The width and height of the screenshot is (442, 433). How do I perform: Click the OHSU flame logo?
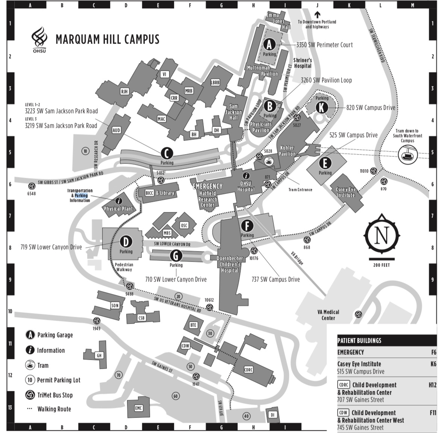click(39, 38)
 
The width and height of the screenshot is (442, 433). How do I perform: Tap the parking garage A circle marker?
click(269, 45)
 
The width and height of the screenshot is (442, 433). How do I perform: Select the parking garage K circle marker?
click(321, 107)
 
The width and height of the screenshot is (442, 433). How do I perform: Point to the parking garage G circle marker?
click(176, 256)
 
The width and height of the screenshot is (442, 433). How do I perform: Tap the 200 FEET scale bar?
click(381, 259)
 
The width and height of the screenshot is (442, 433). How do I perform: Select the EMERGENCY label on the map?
click(207, 186)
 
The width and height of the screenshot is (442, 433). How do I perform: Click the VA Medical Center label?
click(328, 315)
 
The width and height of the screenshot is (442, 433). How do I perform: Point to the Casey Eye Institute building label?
click(345, 192)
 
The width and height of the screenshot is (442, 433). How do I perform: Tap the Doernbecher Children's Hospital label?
click(230, 264)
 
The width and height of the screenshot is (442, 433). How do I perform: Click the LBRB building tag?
click(215, 82)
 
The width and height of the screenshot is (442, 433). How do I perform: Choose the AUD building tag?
click(117, 130)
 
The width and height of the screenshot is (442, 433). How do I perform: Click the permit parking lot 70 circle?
click(119, 375)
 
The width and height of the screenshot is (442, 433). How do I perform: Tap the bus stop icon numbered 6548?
click(32, 186)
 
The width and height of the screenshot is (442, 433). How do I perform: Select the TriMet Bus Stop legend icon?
click(30, 395)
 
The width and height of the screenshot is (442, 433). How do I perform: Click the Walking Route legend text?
click(54, 409)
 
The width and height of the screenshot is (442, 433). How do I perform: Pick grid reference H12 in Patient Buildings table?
click(432, 385)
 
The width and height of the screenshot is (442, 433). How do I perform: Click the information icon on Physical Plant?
click(119, 201)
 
